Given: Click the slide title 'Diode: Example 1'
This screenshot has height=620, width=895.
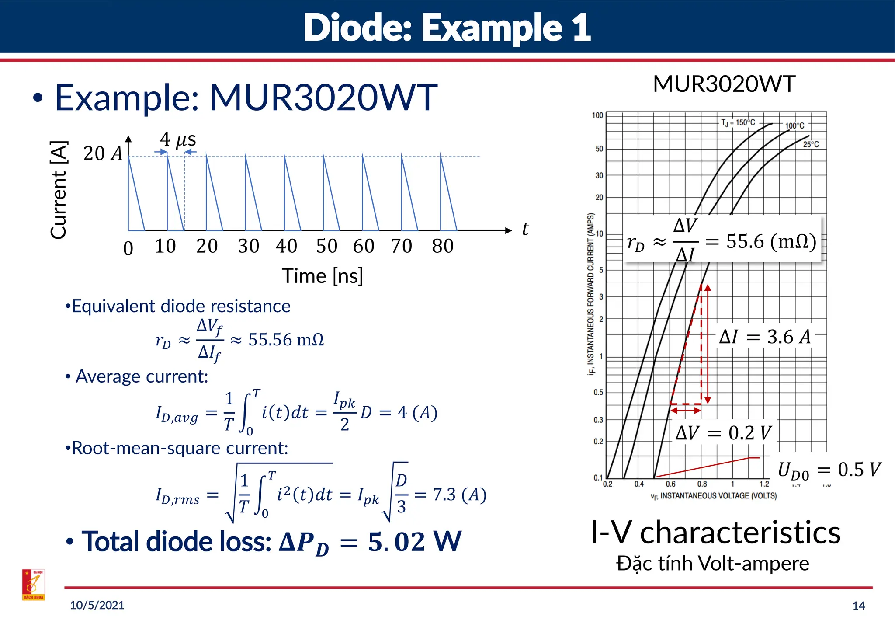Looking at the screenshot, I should click(x=447, y=27).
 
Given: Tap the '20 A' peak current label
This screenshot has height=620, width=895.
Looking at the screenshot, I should click(x=103, y=154).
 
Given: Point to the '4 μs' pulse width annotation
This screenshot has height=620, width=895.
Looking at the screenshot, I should click(x=178, y=140).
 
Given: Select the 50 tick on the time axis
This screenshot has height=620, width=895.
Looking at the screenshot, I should click(x=327, y=246).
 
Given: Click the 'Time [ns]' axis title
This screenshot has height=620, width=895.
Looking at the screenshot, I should click(x=322, y=276).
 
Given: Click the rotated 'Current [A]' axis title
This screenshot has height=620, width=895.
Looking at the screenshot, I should click(x=59, y=190).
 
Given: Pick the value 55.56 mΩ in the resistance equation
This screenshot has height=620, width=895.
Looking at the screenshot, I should click(x=286, y=340).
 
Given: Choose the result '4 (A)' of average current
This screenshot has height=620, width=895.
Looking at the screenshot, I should click(x=417, y=412).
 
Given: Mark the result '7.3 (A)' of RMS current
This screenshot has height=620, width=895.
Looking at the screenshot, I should click(x=459, y=495).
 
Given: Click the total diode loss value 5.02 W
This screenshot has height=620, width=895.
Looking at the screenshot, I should click(x=414, y=542).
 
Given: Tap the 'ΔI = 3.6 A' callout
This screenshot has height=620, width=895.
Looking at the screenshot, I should click(x=765, y=337).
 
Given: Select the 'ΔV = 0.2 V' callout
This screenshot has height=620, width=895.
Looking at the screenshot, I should click(x=724, y=433).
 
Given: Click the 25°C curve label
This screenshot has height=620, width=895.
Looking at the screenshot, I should click(x=811, y=144).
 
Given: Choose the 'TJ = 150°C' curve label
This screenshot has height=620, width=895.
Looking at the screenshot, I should click(x=738, y=123).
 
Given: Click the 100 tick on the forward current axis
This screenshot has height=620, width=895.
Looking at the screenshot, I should click(x=597, y=115).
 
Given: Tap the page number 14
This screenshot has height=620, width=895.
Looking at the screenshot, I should click(x=858, y=606).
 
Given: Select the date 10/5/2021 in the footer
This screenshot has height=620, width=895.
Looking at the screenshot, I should click(x=97, y=605).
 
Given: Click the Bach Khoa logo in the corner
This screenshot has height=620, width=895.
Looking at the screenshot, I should click(x=34, y=585).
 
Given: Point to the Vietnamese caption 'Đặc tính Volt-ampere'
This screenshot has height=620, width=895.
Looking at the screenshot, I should click(x=712, y=563).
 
